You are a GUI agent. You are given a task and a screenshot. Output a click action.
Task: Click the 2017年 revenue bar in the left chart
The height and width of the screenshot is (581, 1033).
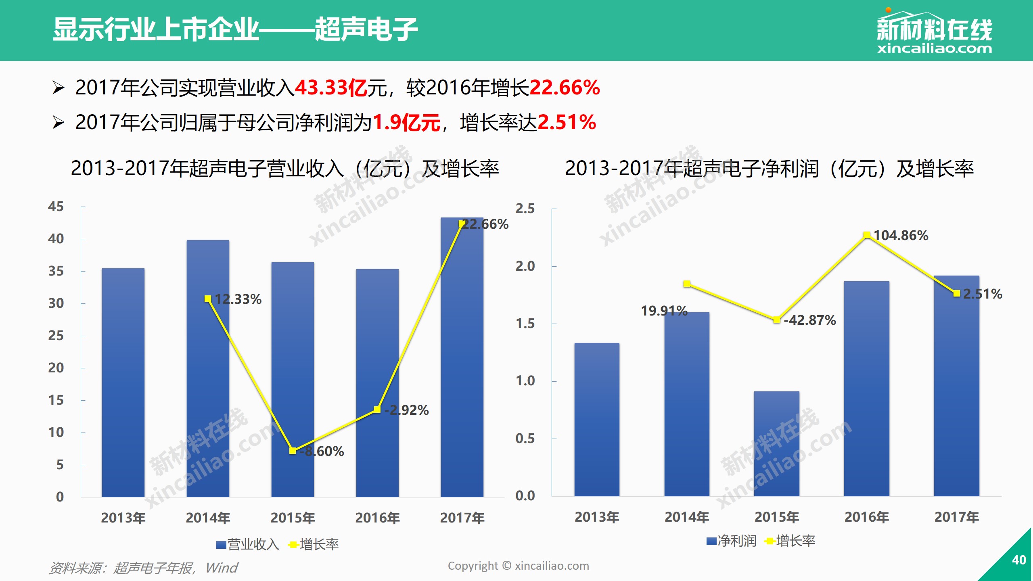click(x=462, y=363)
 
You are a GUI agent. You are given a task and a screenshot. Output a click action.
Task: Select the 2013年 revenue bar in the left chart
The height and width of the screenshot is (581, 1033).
click(x=123, y=383)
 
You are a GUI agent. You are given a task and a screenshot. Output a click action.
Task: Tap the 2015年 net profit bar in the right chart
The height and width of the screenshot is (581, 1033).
click(x=776, y=444)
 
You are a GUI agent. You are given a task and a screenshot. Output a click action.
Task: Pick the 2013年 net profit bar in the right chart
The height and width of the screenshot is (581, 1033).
click(x=597, y=420)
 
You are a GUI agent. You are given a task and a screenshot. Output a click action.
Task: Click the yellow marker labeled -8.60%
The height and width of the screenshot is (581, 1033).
click(x=293, y=450)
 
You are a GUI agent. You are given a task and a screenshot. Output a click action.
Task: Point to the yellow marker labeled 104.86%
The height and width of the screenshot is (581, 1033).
click(x=866, y=235)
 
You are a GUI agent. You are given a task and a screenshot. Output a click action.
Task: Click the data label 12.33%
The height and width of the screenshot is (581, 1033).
click(x=238, y=299)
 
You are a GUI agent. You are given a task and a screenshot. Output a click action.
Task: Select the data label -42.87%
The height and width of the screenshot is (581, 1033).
click(x=809, y=320)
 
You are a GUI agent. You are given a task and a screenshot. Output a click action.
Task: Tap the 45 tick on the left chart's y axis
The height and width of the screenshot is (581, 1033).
click(x=56, y=207)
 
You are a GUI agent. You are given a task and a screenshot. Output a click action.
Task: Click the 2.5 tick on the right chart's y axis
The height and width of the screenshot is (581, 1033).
click(x=525, y=209)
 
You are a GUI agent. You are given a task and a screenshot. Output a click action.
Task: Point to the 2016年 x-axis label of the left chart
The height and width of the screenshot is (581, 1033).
click(x=377, y=518)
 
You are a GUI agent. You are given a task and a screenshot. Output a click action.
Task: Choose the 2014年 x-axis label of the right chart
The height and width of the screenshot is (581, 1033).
click(x=687, y=517)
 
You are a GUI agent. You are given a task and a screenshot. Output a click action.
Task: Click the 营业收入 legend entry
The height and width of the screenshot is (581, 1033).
click(x=248, y=545)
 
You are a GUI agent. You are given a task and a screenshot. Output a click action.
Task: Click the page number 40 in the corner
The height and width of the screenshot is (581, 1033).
click(x=1018, y=560)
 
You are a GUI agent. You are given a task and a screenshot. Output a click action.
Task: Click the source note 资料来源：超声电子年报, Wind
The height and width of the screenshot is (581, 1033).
click(x=143, y=568)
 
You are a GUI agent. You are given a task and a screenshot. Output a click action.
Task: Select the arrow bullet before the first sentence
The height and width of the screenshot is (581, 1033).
click(x=58, y=88)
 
